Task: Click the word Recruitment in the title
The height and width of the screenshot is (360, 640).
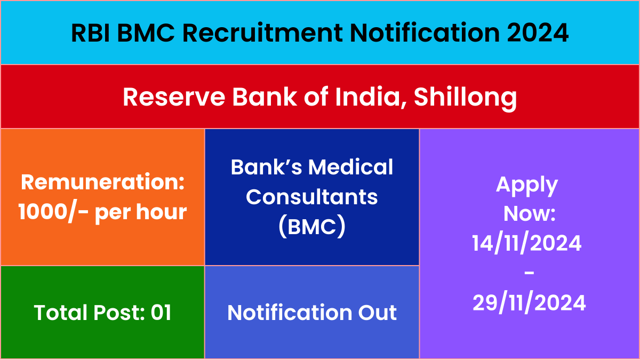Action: tap(262, 33)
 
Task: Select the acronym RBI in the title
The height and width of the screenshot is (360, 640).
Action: tap(91, 33)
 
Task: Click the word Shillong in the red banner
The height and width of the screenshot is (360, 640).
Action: tap(466, 98)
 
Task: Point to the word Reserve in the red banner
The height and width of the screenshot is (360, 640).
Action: tap(174, 97)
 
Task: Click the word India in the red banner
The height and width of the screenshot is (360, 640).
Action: tap(371, 97)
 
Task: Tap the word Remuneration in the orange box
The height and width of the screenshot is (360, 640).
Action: tap(102, 182)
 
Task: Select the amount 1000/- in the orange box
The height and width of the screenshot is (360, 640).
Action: tap(53, 212)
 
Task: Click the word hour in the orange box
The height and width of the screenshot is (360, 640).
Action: tap(162, 212)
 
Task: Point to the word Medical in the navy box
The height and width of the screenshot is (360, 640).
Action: tap(350, 167)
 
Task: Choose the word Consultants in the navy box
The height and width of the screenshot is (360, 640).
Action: tap(311, 197)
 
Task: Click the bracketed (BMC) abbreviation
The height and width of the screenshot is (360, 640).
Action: tap(311, 227)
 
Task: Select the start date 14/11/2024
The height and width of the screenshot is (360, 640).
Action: tap(527, 243)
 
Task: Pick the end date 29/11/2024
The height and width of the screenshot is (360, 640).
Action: tap(529, 303)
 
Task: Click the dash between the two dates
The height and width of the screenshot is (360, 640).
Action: tap(529, 273)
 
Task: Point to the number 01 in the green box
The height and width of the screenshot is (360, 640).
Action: tap(161, 313)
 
